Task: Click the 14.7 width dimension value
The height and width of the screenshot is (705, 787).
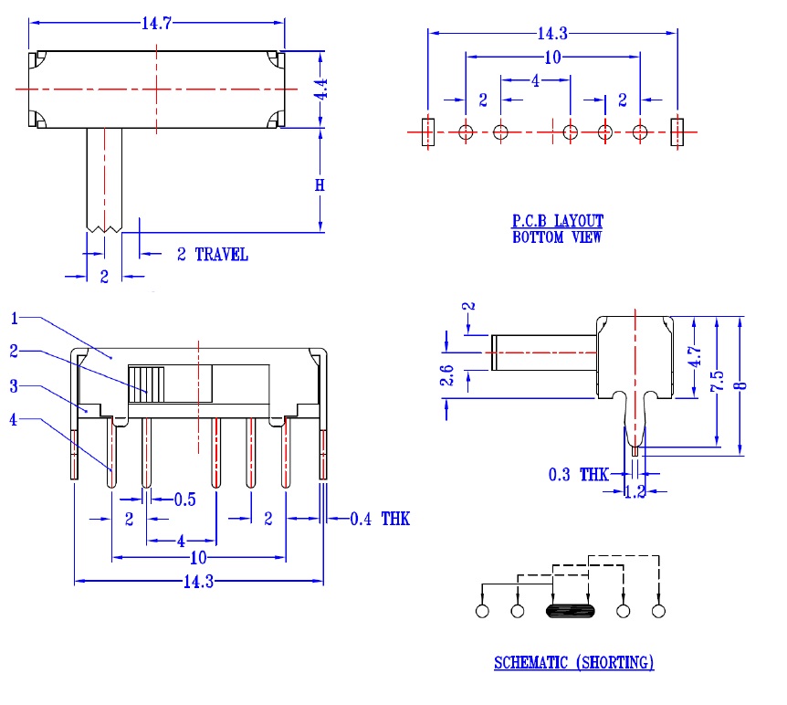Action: [x=157, y=23]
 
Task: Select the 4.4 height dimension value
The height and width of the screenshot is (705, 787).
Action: [x=321, y=89]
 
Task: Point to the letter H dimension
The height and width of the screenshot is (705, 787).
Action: [x=320, y=185]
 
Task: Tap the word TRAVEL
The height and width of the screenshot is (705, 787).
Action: [x=221, y=255]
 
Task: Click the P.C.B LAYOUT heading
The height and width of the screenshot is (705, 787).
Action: [x=558, y=221]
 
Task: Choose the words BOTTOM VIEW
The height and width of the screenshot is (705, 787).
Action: [x=557, y=237]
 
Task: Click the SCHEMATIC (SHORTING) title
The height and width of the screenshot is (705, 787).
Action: [x=573, y=663]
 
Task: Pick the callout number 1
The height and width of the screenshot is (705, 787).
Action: [x=14, y=319]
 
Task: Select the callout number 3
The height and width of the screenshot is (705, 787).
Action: [x=14, y=386]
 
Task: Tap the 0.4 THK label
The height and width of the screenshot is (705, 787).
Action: [x=380, y=519]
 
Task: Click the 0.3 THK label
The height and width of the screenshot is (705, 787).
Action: [x=578, y=475]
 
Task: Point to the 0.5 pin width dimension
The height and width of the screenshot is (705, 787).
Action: [x=185, y=500]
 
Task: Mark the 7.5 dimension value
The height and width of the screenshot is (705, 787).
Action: [x=718, y=381]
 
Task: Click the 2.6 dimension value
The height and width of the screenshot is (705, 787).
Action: [x=446, y=375]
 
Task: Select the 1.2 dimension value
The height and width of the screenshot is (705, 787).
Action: [x=635, y=491]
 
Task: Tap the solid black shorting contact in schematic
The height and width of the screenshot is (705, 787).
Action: [x=571, y=611]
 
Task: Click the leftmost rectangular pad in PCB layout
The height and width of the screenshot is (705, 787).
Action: [x=428, y=132]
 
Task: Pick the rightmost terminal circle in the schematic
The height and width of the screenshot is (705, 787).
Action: [x=658, y=611]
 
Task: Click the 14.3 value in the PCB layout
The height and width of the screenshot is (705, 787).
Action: [x=552, y=34]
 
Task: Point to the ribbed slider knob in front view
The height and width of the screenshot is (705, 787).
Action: [x=146, y=384]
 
